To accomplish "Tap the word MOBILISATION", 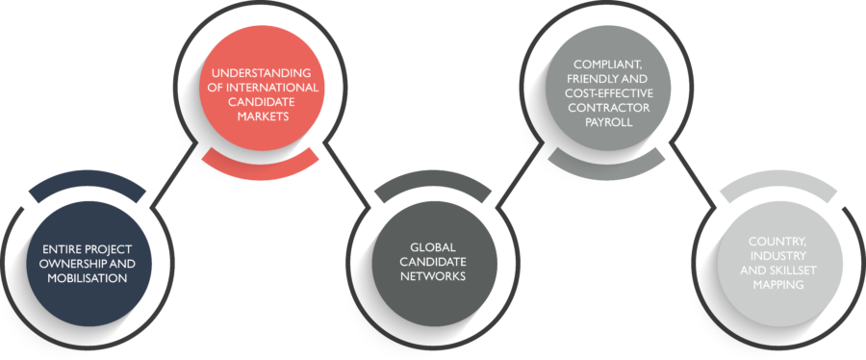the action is tap(88, 278).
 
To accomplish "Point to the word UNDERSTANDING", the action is tap(262, 73).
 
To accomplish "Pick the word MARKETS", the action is tap(262, 116).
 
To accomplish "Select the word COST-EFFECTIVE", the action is tap(608, 93).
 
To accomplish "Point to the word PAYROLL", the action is tap(608, 122).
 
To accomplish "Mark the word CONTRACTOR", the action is tap(608, 108).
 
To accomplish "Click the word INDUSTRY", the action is tap(779, 256).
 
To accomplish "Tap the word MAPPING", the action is tap(779, 284).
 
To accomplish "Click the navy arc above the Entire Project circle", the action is tap(88, 178).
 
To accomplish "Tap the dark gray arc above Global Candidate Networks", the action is tap(432, 178).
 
